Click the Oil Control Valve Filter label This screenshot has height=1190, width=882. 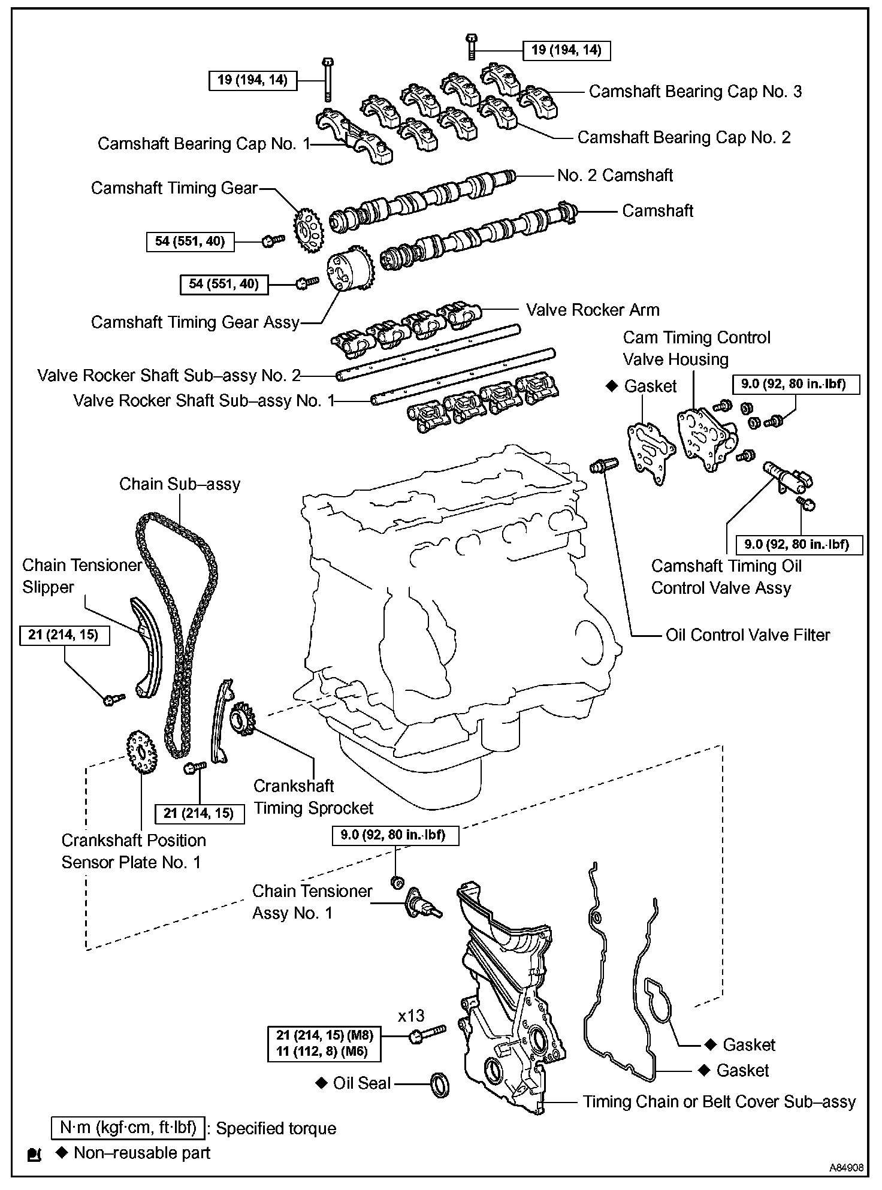pos(748,635)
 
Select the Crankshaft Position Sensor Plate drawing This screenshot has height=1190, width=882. pos(141,751)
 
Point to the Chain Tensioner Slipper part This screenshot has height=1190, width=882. pos(145,648)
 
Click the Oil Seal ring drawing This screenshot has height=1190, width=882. pos(439,1085)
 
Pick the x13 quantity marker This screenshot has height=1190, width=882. pos(411,1015)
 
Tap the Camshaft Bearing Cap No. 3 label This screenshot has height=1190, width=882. pos(695,92)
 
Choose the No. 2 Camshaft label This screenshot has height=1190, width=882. pos(615,175)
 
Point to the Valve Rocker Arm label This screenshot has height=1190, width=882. pos(593,310)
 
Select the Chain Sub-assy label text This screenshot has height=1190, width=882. pos(180,484)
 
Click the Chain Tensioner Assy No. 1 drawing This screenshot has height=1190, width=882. pos(423,904)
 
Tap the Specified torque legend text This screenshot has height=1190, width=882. pos(276,1128)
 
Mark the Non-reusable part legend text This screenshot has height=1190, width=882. pos(141,1153)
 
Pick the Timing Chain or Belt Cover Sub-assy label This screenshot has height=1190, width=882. pos(719,1101)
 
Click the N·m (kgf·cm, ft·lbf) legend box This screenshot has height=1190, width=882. pos(128,1128)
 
